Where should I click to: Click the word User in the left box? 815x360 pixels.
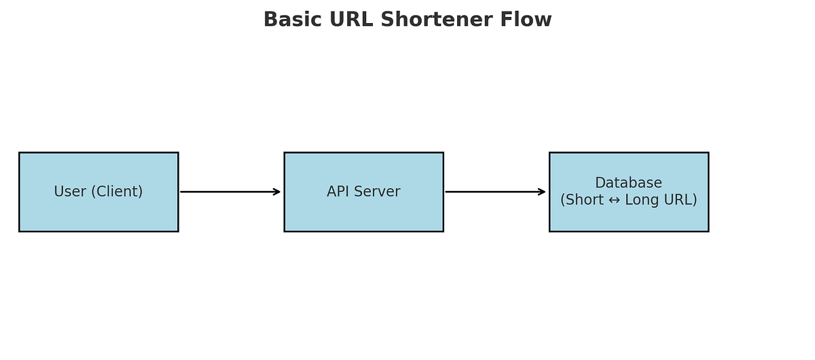click(x=70, y=192)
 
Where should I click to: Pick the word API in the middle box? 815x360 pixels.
click(x=340, y=192)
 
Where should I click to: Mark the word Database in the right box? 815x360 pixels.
click(x=628, y=183)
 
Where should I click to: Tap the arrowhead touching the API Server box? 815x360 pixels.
click(x=276, y=192)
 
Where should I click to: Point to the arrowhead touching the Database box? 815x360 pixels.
click(x=541, y=192)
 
